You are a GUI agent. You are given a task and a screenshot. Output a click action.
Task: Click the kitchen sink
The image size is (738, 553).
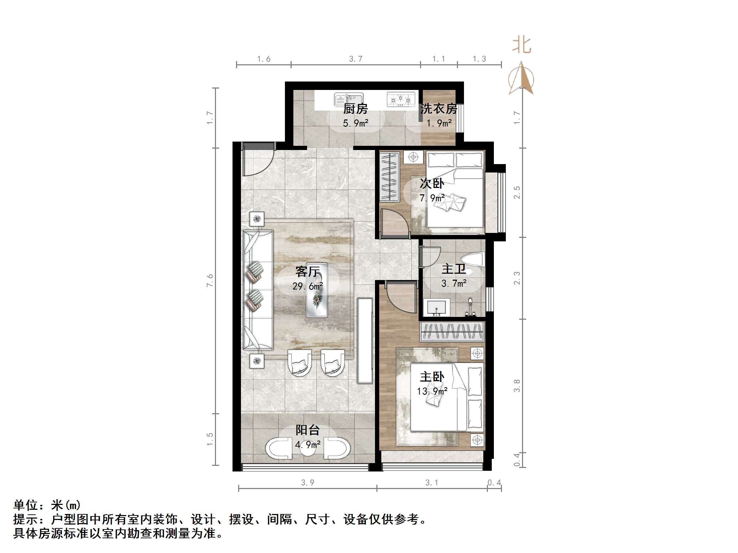[348, 99]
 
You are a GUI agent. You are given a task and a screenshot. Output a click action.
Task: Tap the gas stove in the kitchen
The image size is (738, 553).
[401, 99]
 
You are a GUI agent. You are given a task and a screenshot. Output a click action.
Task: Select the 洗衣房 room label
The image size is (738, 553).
[439, 109]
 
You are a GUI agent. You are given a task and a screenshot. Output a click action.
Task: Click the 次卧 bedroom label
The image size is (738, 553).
[432, 183]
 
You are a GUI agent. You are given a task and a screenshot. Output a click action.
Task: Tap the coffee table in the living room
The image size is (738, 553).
[317, 290]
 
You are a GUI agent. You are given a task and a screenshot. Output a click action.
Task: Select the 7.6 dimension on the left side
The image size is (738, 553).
[210, 280]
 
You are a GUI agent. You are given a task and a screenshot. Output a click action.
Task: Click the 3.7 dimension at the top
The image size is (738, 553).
[356, 59]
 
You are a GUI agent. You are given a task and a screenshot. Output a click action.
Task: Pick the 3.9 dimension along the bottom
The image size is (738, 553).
[307, 483]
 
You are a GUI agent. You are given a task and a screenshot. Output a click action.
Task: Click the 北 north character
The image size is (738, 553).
[521, 46]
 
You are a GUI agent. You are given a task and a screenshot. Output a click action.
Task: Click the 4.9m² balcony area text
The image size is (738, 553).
[308, 445]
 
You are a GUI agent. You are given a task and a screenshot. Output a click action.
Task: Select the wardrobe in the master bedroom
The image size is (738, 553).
[452, 331]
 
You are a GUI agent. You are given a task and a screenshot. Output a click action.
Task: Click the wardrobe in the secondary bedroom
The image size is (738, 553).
[390, 176]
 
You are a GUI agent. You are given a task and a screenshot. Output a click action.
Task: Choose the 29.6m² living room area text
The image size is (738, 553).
[307, 286]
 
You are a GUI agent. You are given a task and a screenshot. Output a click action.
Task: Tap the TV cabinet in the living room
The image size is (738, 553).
[365, 340]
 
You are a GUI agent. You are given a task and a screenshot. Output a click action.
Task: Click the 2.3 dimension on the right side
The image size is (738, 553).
[517, 278]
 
